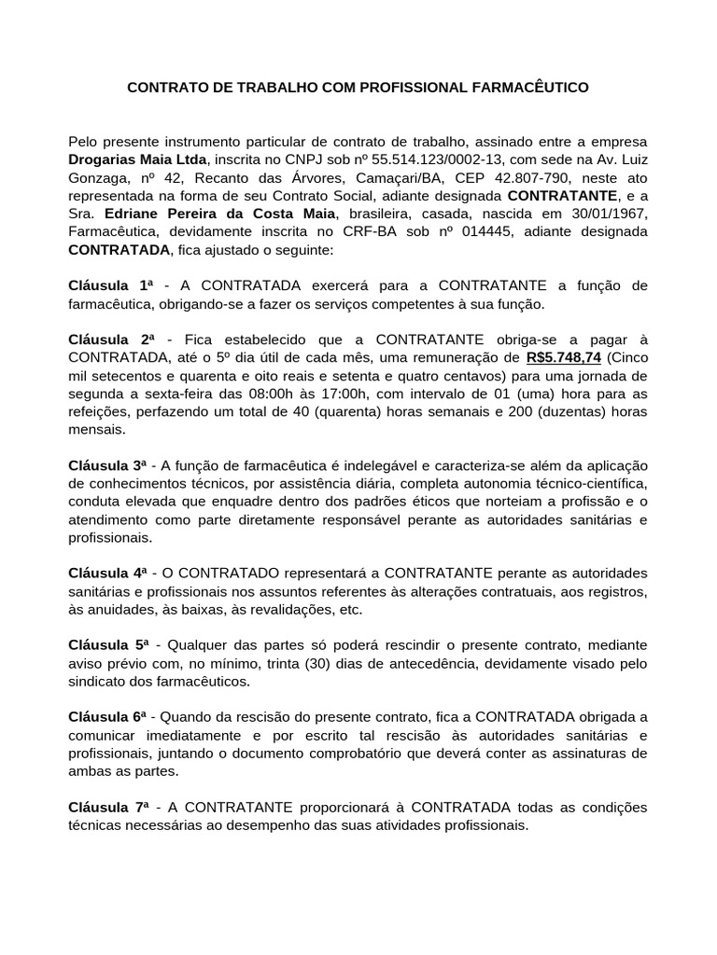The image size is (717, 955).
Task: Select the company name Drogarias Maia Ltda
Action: pyautogui.click(x=137, y=159)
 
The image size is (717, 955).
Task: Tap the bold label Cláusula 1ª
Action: pyautogui.click(x=110, y=285)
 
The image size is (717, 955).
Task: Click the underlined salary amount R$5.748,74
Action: pyautogui.click(x=564, y=357)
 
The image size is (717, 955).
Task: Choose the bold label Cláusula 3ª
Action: pyautogui.click(x=110, y=465)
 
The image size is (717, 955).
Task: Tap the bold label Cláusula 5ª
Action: pyautogui.click(x=110, y=645)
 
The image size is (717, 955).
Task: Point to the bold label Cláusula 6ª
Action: pyautogui.click(x=110, y=717)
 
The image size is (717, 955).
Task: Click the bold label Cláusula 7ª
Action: pyautogui.click(x=110, y=807)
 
